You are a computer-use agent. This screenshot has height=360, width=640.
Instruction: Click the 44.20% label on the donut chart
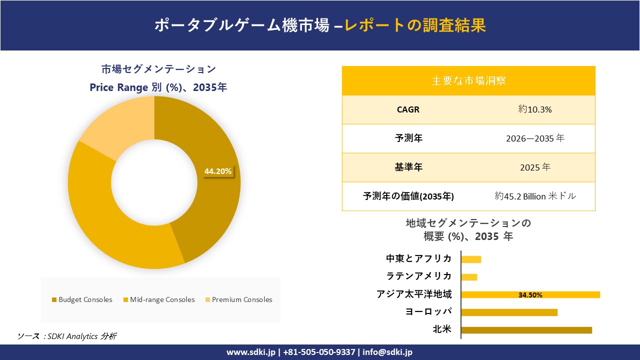tap(218, 171)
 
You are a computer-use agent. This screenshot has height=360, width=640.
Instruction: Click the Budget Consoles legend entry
tap(82, 300)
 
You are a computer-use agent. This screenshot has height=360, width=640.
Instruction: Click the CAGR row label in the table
tap(408, 109)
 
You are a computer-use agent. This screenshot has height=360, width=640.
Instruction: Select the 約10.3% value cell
tap(535, 109)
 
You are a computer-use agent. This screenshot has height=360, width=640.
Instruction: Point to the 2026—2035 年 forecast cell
tap(535, 138)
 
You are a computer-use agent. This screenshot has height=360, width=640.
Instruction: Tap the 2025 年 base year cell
tap(535, 167)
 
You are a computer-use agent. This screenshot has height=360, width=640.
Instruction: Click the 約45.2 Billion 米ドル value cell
tap(535, 196)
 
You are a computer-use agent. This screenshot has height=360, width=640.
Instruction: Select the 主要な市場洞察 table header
tap(468, 80)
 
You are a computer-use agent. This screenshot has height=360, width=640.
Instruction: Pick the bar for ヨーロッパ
tap(509, 312)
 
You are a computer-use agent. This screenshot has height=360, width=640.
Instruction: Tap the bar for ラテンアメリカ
tap(469, 277)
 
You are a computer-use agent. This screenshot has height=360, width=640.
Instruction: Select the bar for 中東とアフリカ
tap(471, 259)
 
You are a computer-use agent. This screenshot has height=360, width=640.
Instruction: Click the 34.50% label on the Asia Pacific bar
tap(530, 295)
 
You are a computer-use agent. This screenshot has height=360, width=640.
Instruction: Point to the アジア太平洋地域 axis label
tap(414, 294)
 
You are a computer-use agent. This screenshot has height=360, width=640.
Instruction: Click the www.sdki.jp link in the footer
tap(251, 352)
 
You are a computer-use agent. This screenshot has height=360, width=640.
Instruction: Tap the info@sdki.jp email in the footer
tap(388, 352)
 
